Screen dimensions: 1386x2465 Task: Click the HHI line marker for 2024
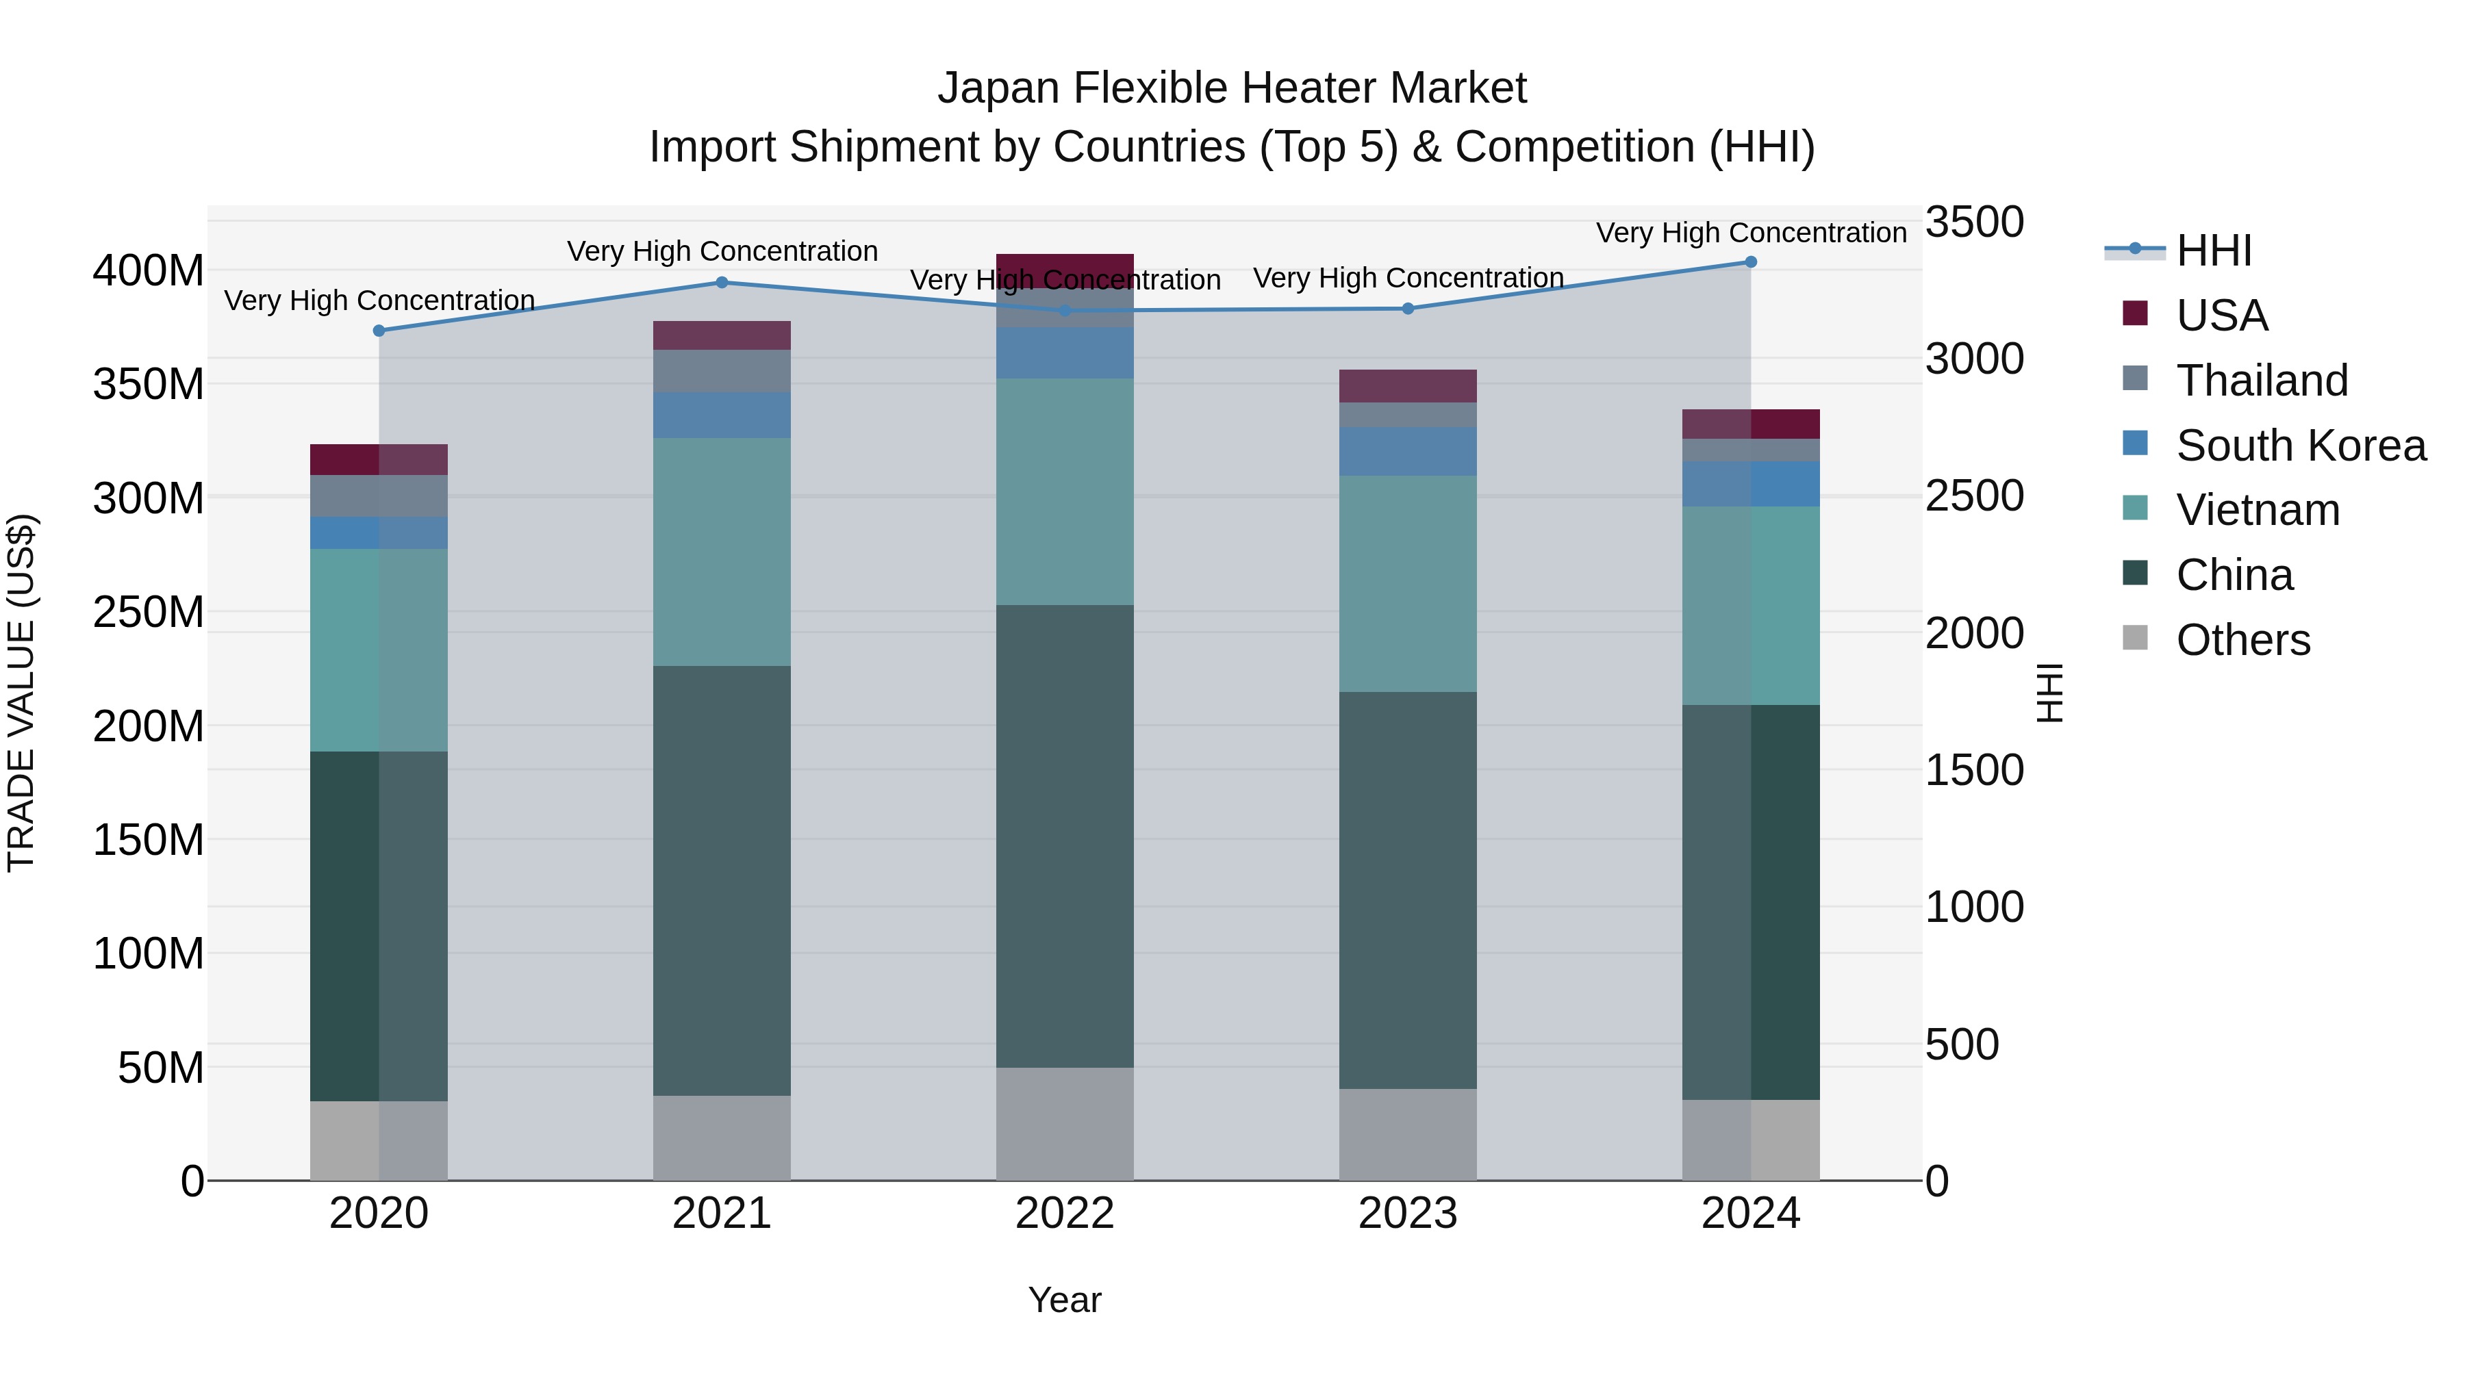(x=1750, y=262)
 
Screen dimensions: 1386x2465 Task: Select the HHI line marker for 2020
(x=379, y=331)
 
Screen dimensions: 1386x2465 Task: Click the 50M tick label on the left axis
(x=161, y=1068)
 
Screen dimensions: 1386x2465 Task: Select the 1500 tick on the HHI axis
(x=1974, y=771)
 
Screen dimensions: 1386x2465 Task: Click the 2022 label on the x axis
(x=1064, y=1214)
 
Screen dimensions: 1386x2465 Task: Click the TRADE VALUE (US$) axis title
(x=22, y=693)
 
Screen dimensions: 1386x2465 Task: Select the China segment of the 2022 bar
(x=1064, y=836)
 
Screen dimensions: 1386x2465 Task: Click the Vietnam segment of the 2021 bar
(x=722, y=552)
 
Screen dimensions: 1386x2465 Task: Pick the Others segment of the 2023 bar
(x=1408, y=1134)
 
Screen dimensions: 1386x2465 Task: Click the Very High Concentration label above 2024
(x=1750, y=233)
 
